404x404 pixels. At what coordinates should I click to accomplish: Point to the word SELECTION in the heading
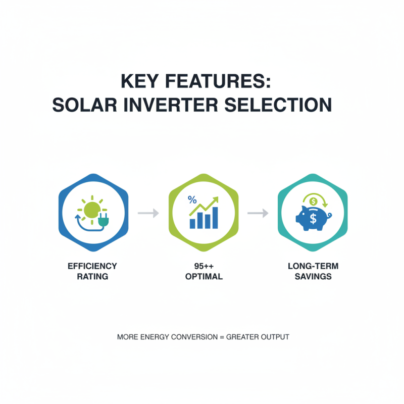point(284,106)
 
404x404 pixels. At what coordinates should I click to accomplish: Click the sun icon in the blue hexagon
point(91,208)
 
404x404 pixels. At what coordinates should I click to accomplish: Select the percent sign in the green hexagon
point(192,199)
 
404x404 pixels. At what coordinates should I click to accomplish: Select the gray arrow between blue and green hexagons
point(148,214)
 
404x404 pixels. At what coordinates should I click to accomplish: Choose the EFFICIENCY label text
point(92,266)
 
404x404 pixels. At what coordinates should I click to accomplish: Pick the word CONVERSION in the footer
point(194,337)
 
